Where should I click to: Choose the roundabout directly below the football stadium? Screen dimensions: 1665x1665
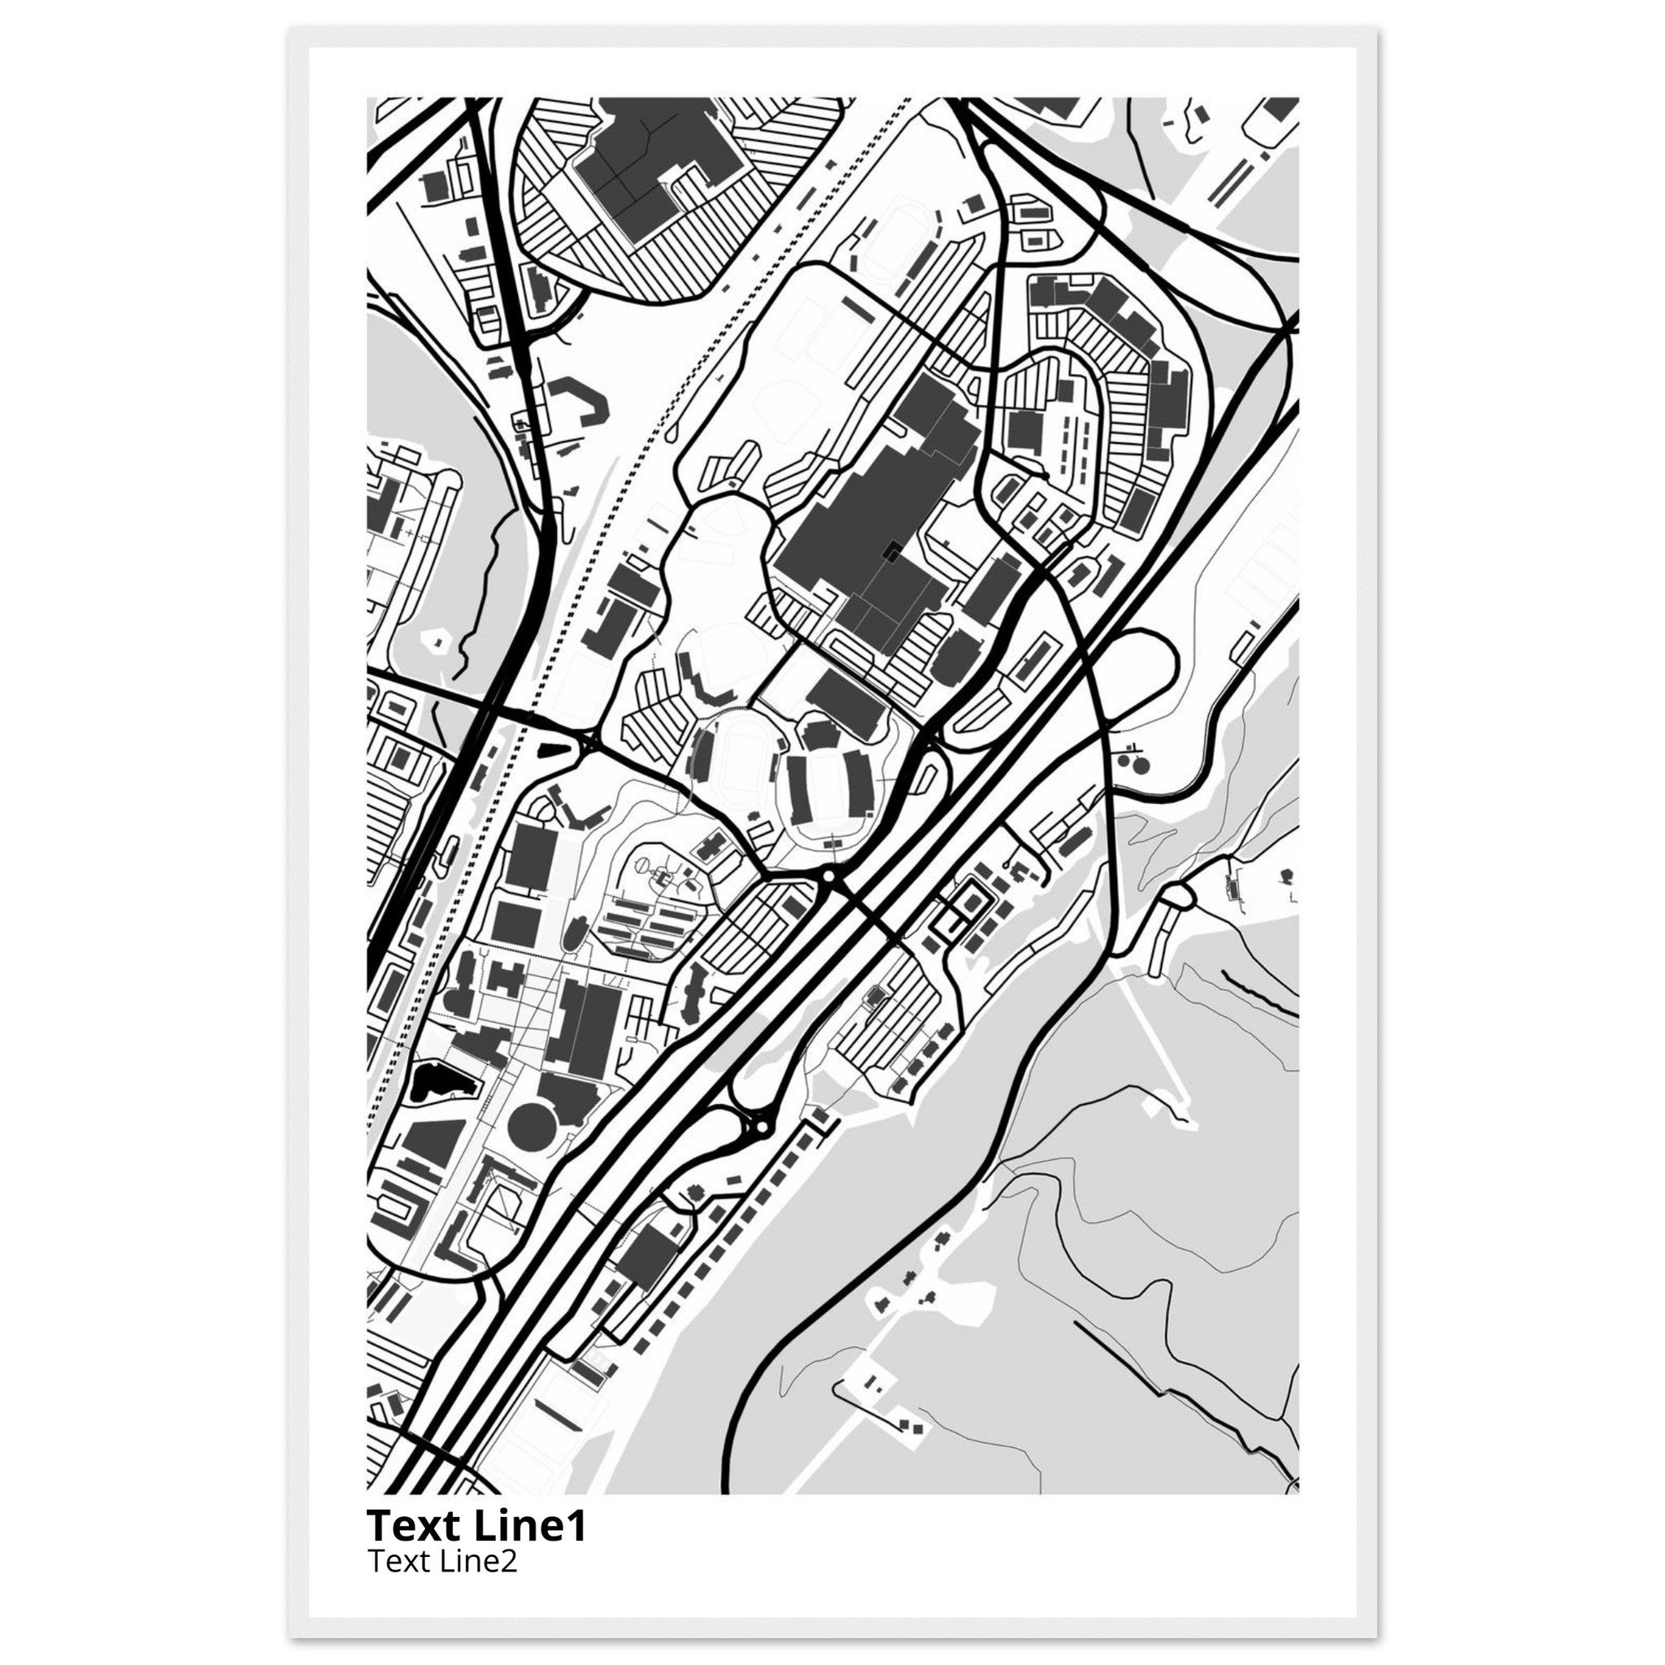tap(829, 876)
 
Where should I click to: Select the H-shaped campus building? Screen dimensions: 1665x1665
tap(506, 978)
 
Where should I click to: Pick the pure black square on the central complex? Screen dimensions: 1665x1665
tap(892, 550)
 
